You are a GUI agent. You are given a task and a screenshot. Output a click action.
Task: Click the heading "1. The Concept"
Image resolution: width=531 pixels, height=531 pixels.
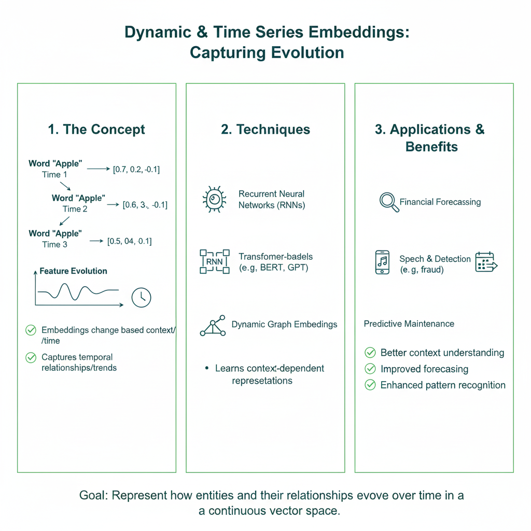click(96, 129)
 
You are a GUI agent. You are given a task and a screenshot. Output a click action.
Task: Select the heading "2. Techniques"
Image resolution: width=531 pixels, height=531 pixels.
click(265, 129)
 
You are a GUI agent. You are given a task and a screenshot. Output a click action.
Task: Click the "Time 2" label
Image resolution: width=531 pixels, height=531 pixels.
click(75, 209)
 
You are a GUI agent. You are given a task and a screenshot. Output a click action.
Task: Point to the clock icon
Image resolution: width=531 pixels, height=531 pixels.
click(141, 297)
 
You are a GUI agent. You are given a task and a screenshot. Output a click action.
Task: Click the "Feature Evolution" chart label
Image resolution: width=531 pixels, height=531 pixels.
click(73, 271)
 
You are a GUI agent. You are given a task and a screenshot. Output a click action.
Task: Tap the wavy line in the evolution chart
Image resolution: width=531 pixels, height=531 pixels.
click(78, 293)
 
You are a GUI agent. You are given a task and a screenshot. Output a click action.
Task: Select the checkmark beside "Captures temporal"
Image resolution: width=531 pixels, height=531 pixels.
click(31, 357)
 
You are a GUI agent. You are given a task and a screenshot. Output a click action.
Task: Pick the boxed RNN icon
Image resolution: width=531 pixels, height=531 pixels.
click(214, 262)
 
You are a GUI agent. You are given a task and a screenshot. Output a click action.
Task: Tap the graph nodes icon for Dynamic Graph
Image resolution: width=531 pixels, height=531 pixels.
click(213, 326)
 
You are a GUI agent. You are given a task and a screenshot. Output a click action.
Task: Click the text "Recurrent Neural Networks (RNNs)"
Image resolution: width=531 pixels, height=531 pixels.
click(272, 199)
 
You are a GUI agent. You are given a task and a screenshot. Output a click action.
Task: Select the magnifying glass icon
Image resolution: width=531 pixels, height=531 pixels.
click(389, 202)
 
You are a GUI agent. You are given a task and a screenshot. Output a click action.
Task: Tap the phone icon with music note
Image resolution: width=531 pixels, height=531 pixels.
click(382, 262)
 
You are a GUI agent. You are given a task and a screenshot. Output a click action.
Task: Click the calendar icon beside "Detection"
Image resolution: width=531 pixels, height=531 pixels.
click(486, 262)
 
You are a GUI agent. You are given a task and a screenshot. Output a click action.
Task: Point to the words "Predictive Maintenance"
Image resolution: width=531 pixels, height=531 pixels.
click(409, 324)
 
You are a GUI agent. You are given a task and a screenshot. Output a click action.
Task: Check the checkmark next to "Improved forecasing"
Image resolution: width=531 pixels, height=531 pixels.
click(370, 369)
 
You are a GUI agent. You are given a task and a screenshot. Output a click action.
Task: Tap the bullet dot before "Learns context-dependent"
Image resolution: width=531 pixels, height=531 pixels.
click(207, 368)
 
